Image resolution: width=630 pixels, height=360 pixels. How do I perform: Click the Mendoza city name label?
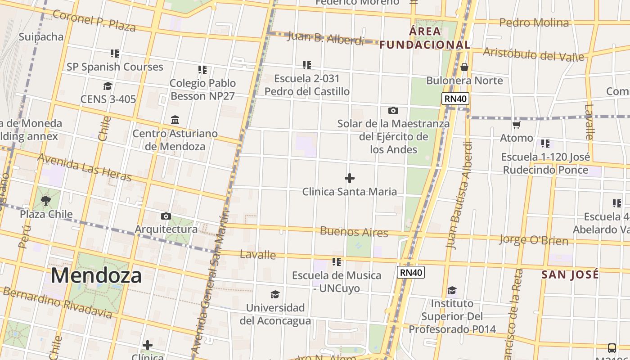(96, 275)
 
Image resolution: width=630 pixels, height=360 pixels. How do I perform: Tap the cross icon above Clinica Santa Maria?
(350, 179)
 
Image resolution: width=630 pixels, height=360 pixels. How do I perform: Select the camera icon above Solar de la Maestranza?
(393, 110)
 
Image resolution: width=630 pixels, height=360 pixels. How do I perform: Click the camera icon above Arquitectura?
(166, 216)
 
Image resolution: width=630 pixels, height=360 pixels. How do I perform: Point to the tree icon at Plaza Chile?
(45, 200)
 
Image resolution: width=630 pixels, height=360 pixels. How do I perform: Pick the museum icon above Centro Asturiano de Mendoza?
(175, 120)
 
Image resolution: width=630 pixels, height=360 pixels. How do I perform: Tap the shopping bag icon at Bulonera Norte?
(464, 67)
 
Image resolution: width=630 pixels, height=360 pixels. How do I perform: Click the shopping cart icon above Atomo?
(517, 125)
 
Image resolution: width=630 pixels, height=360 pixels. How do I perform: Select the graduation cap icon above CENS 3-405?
(108, 86)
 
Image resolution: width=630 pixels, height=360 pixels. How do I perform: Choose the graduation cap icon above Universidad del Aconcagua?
(275, 295)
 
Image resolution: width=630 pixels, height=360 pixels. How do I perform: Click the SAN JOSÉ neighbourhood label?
(570, 274)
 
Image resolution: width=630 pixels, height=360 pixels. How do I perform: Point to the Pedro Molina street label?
(534, 22)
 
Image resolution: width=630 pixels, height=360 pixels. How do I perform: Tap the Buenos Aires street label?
(354, 232)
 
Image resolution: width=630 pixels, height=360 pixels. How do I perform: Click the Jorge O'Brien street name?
(533, 239)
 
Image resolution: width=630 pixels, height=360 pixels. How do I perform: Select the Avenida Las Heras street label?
(84, 167)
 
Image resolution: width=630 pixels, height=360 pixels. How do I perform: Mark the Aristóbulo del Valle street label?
(533, 54)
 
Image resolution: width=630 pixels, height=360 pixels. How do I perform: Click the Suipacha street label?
(41, 37)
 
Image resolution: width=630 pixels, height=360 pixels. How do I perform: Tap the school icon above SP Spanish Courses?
(115, 54)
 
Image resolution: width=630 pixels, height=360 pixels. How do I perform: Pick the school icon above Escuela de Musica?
(336, 262)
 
